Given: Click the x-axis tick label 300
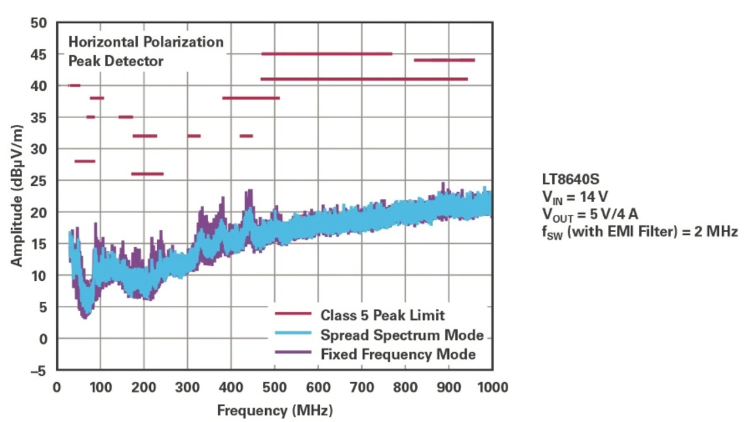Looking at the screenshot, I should click(x=187, y=387).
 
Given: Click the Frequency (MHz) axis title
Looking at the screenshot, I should click(x=275, y=410).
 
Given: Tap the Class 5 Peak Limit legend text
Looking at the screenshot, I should click(x=382, y=315).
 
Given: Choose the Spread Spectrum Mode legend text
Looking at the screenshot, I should click(x=402, y=335).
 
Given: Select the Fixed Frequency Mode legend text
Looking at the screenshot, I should click(x=398, y=354).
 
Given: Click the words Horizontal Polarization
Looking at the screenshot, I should click(x=146, y=42).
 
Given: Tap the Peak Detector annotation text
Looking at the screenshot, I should click(x=116, y=61).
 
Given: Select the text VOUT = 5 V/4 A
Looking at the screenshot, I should click(x=590, y=214).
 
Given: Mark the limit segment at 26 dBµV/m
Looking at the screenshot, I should click(x=147, y=173).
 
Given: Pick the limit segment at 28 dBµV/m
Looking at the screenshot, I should click(x=84, y=161).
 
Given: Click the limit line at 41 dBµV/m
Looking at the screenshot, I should click(x=364, y=79).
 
